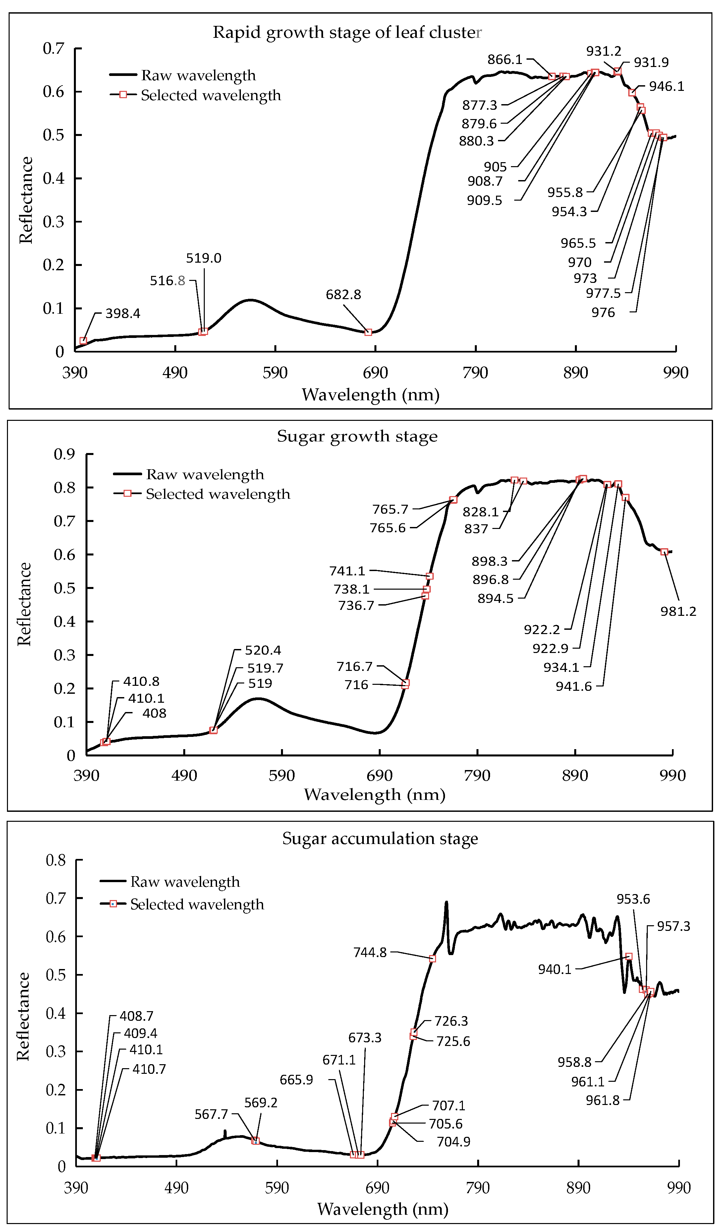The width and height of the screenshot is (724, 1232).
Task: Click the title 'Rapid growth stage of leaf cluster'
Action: tap(347, 32)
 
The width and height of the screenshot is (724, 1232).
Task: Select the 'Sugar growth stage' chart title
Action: tap(357, 436)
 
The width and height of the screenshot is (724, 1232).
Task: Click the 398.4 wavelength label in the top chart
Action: tap(123, 313)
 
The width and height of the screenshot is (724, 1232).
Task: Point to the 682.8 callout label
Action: tap(343, 295)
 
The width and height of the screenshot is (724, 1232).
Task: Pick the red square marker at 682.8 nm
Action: tap(368, 332)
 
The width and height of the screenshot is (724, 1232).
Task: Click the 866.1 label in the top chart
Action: tap(505, 60)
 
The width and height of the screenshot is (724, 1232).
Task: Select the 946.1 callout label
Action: tap(666, 87)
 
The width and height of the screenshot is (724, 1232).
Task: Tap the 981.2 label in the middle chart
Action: tap(678, 612)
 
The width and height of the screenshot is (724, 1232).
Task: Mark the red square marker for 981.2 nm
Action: tap(664, 552)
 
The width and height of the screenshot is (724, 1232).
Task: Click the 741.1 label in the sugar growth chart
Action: tap(347, 571)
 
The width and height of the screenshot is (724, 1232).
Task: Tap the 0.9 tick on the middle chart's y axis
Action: tap(65, 454)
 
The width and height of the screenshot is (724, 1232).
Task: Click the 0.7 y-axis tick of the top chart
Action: tap(53, 48)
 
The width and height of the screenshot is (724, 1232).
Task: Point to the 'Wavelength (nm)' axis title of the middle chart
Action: tap(374, 795)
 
